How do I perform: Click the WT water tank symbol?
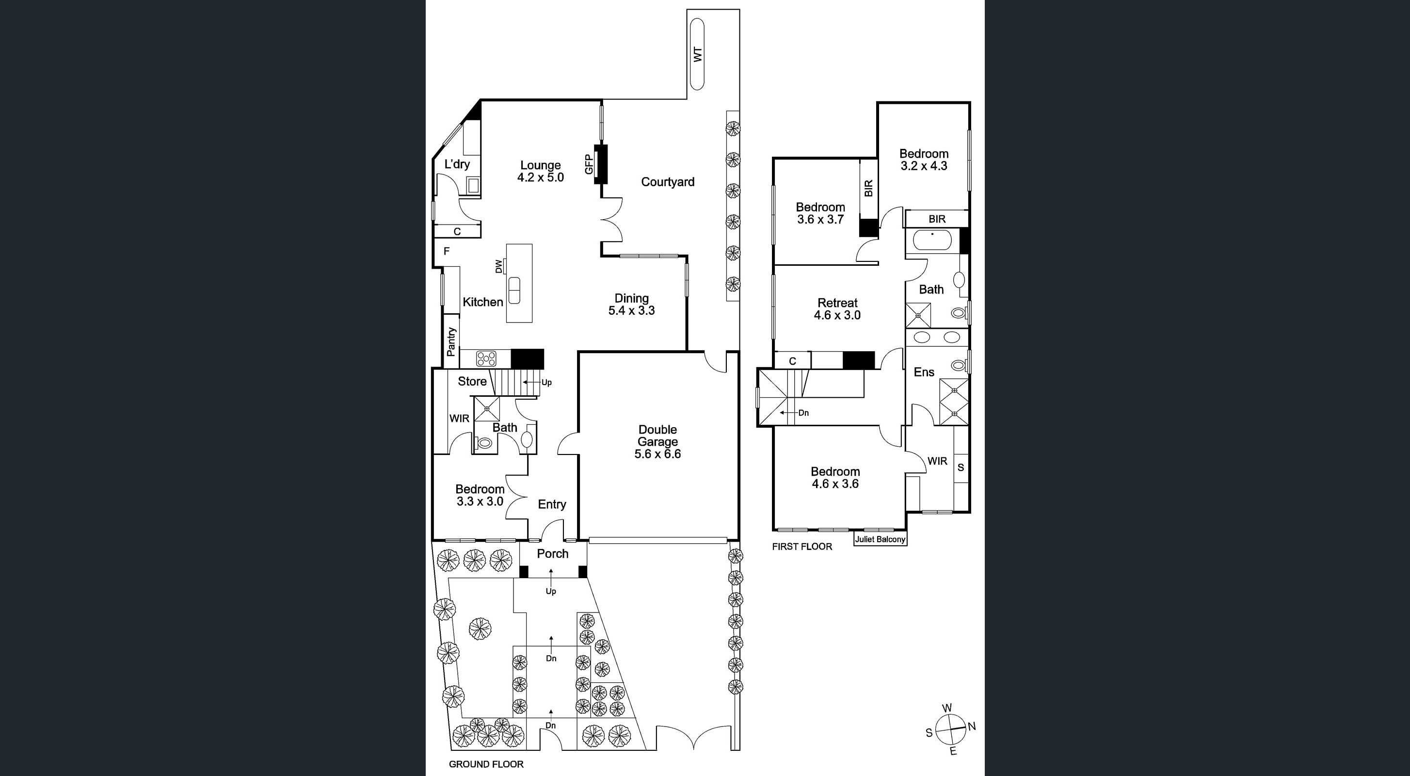697,54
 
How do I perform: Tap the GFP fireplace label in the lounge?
589,164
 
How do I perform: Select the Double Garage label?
657,441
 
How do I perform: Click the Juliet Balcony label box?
880,539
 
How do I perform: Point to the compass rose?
951,730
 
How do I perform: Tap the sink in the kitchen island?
514,290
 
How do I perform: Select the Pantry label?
451,342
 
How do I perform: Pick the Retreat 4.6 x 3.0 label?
837,309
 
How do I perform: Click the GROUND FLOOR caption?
485,764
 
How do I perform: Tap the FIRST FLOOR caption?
802,547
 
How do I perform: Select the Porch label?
552,554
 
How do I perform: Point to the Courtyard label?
667,182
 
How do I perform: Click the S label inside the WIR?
961,468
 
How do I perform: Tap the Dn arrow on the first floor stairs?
803,413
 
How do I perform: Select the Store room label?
472,381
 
